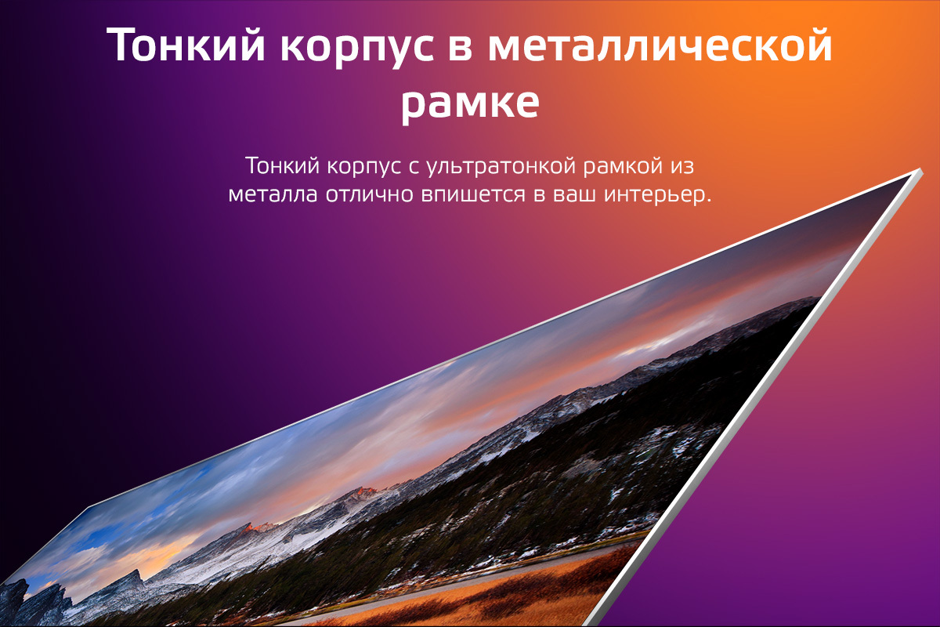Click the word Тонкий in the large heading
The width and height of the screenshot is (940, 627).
(186, 45)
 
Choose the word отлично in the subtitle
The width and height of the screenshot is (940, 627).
(370, 195)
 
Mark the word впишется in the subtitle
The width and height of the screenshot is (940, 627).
(473, 196)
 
